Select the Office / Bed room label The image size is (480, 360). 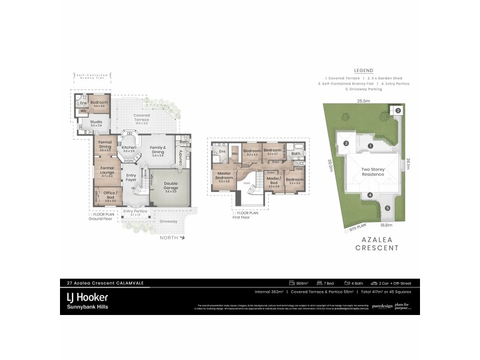coord(110,194)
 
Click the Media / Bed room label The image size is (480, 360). coord(274,181)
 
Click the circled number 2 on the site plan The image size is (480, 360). coord(397,110)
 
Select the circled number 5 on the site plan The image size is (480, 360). coord(387,208)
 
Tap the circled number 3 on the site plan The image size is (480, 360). coord(346,143)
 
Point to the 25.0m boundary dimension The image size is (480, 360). coord(363,100)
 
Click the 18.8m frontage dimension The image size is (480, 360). coord(386,226)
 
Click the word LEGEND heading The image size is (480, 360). coord(364,70)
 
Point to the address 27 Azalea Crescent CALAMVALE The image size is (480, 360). coord(105,283)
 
